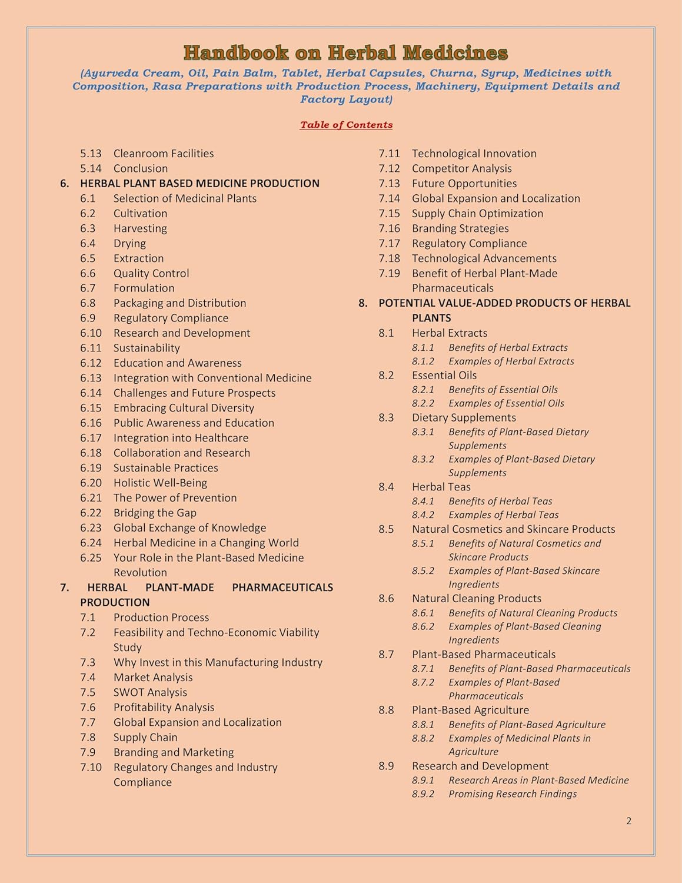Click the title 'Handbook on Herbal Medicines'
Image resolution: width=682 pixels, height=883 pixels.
(x=345, y=53)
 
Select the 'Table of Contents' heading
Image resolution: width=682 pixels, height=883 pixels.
(x=346, y=125)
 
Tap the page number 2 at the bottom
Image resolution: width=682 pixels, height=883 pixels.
(x=628, y=821)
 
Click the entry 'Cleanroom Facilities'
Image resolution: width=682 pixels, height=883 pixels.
(x=163, y=154)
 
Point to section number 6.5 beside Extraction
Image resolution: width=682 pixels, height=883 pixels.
(x=88, y=258)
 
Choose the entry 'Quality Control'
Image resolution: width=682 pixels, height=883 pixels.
(x=151, y=273)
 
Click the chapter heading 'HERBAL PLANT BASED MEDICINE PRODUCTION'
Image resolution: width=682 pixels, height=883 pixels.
(x=199, y=184)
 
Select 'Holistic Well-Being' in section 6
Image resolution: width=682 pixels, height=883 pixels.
(x=160, y=483)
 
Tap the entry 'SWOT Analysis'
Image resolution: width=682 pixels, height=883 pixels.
(x=150, y=692)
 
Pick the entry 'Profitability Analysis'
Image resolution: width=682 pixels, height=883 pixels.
(x=164, y=708)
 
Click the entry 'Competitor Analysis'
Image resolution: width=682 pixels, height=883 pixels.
(x=461, y=168)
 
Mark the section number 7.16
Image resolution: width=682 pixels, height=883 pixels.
(x=389, y=228)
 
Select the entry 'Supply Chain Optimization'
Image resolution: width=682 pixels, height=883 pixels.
(x=477, y=214)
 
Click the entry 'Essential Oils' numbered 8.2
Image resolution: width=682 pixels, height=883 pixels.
(x=444, y=376)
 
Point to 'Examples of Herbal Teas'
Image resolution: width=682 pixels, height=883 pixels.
(x=503, y=514)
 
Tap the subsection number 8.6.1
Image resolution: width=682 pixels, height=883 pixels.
(x=422, y=613)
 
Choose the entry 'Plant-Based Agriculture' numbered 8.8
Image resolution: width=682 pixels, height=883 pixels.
(x=470, y=710)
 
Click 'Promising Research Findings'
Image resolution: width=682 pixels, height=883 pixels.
(x=512, y=794)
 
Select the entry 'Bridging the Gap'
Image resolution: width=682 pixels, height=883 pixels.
(x=155, y=513)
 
